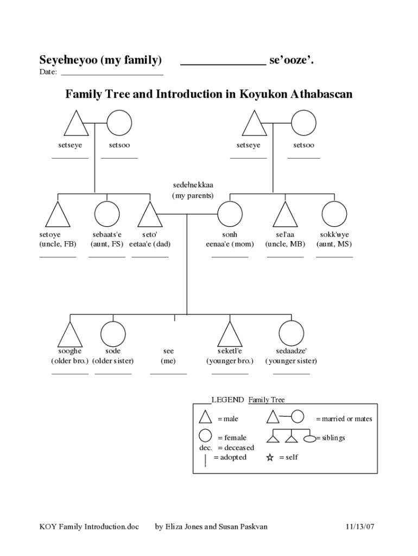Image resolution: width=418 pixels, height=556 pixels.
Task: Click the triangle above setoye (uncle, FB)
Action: [58, 216]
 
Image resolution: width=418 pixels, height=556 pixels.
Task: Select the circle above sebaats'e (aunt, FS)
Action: [107, 214]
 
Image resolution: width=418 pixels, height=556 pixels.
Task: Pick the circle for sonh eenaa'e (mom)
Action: [230, 214]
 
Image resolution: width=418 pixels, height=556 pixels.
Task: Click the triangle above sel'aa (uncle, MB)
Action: [285, 216]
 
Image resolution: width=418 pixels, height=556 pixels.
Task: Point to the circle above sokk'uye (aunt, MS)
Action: [334, 214]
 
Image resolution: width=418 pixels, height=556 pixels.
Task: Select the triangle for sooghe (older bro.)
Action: [69, 335]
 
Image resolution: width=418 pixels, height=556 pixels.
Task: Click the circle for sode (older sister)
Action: [113, 333]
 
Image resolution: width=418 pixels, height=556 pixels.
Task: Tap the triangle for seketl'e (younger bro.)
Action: [230, 335]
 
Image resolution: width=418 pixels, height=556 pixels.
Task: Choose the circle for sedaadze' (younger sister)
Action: [291, 333]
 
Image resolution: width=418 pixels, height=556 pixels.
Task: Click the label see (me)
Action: [168, 356]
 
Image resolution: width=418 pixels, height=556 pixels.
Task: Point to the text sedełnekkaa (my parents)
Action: [193, 190]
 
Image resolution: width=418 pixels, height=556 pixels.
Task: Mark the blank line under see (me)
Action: [168, 374]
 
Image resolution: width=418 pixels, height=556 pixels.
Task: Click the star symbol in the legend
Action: [270, 457]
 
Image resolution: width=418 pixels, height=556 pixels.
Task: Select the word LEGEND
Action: [227, 400]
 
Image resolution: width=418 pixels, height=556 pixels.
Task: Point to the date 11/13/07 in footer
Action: [360, 527]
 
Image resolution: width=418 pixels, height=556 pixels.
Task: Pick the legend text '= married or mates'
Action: [344, 419]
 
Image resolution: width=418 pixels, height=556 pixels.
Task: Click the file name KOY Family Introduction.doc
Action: [89, 527]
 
